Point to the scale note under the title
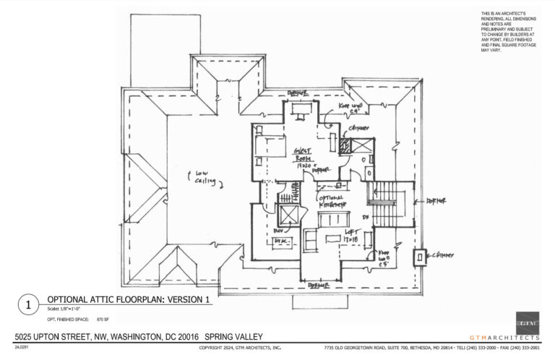click(68, 309)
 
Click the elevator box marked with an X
click(291, 216)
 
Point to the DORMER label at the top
click(298, 95)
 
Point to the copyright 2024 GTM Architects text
click(239, 348)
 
